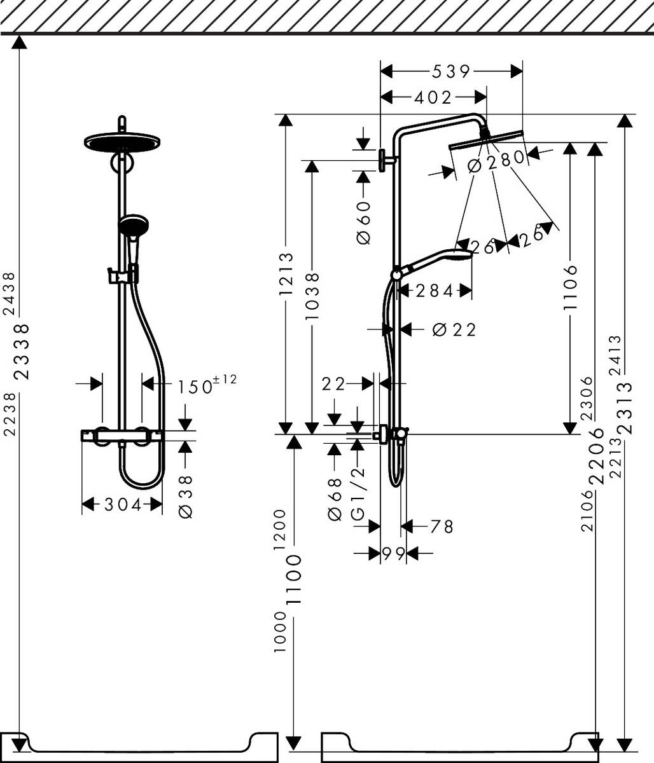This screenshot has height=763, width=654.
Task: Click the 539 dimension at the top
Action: (450, 71)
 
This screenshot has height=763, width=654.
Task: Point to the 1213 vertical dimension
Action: (286, 274)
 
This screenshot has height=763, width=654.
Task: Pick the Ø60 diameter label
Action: (363, 222)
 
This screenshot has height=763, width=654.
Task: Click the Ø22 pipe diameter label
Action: (454, 329)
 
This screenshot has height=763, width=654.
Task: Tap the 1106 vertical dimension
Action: (571, 286)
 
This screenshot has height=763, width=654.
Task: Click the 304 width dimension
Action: (123, 504)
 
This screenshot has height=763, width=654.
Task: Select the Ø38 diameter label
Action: (186, 495)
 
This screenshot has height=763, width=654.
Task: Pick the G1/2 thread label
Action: (358, 493)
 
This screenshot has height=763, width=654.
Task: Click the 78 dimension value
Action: (441, 526)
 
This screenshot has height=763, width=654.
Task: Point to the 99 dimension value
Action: (394, 553)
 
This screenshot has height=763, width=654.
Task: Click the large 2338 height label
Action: (22, 351)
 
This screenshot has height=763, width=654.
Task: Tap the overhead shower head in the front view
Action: (121, 142)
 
